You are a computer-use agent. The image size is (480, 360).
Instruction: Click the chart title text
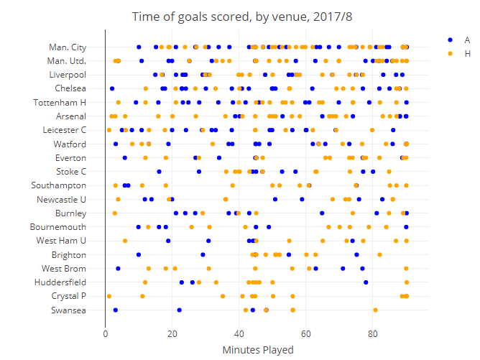click(x=239, y=16)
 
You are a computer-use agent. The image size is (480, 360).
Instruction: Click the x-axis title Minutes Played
click(x=257, y=350)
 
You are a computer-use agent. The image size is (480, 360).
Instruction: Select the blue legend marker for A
click(x=450, y=40)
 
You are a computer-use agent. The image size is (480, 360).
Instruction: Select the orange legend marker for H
click(x=450, y=53)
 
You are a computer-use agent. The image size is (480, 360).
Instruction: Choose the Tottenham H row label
click(x=60, y=103)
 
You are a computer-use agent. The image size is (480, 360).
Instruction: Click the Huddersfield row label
click(x=64, y=282)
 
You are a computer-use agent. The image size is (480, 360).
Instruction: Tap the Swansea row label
click(x=69, y=310)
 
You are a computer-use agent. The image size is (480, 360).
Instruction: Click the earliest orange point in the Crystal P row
click(x=109, y=296)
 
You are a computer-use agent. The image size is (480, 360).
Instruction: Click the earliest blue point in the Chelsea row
click(x=112, y=88)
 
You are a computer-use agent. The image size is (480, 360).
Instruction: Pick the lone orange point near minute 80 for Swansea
click(x=375, y=310)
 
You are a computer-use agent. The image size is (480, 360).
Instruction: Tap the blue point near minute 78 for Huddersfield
click(x=366, y=282)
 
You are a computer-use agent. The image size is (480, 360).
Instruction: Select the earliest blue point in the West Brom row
click(x=119, y=269)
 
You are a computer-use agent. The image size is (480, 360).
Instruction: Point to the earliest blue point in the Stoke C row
click(x=159, y=172)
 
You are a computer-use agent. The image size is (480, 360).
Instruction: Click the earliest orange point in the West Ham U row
click(x=125, y=241)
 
